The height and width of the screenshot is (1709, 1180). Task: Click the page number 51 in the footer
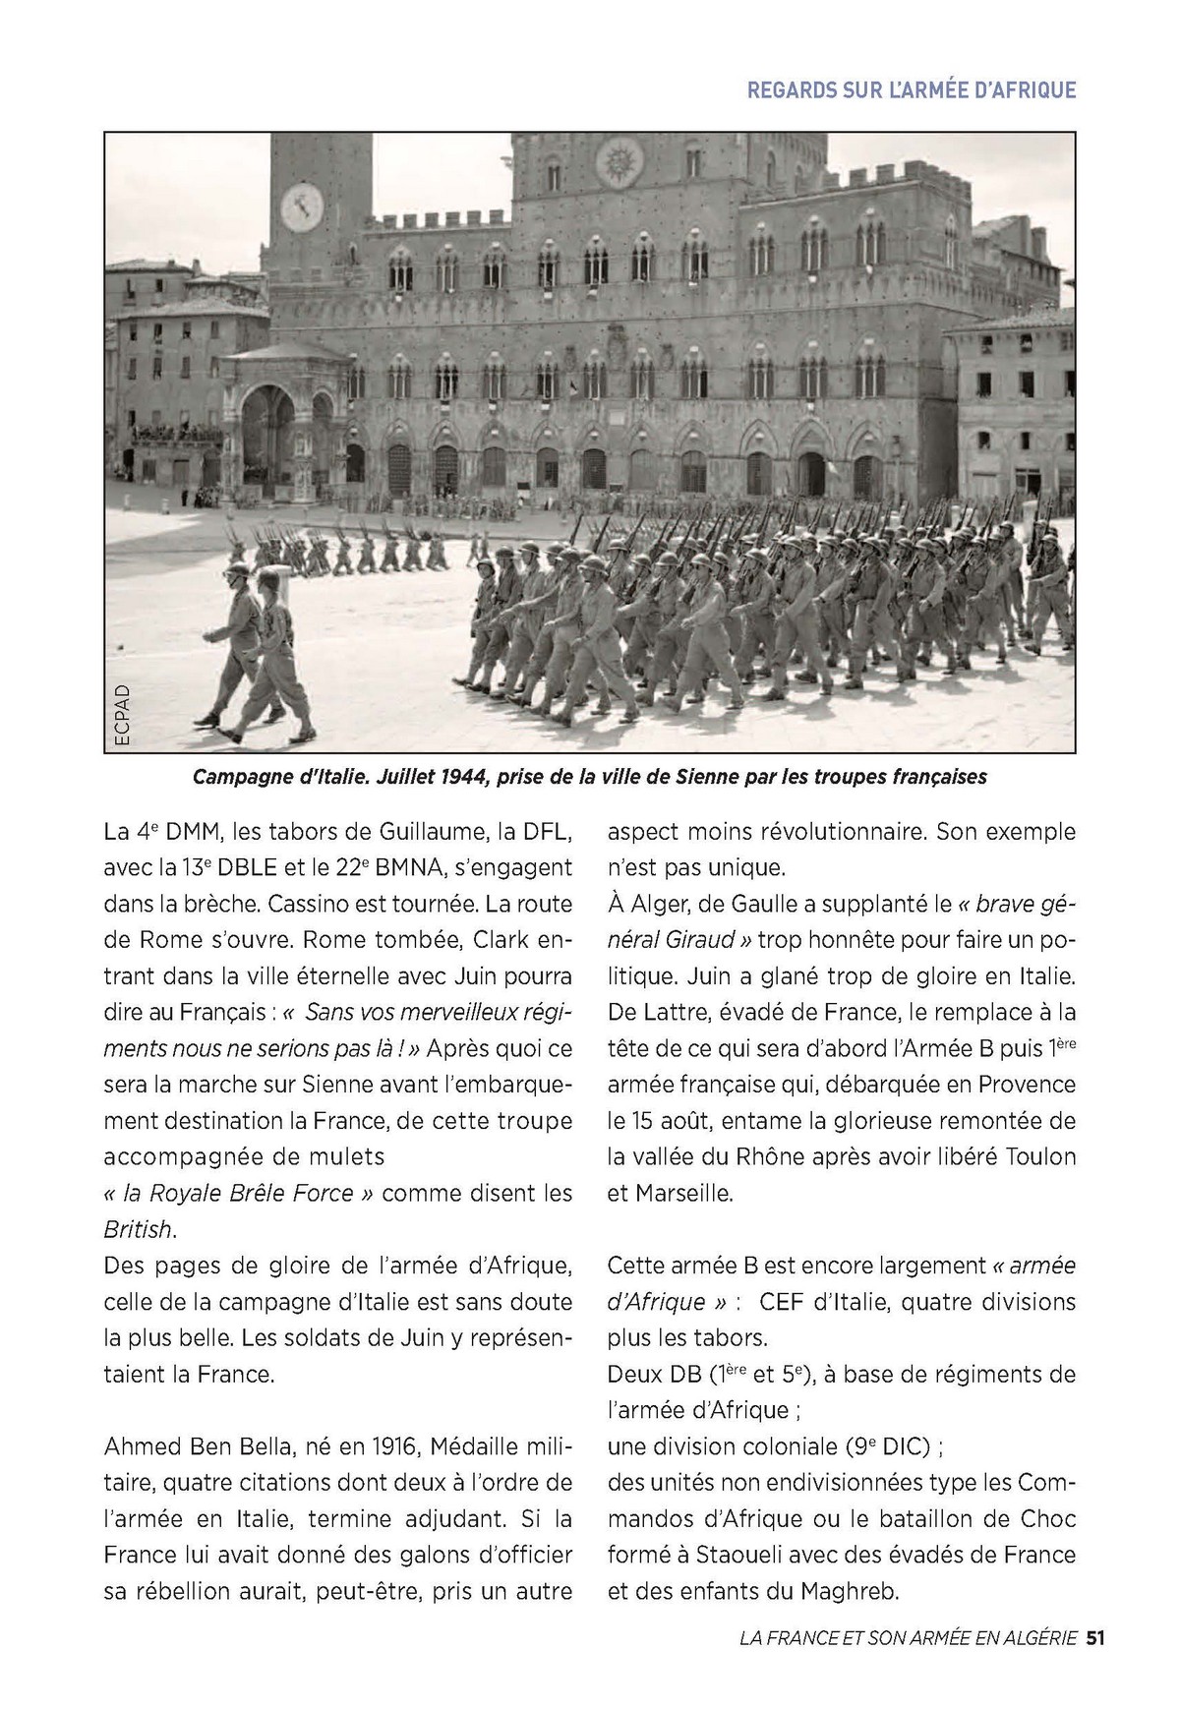pos(1096,1638)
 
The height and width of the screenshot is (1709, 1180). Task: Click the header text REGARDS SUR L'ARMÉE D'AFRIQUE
pos(912,90)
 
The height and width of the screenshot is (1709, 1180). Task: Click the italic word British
pos(138,1229)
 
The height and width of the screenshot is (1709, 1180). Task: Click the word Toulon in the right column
pos(1040,1156)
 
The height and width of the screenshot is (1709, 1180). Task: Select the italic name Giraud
pos(701,939)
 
